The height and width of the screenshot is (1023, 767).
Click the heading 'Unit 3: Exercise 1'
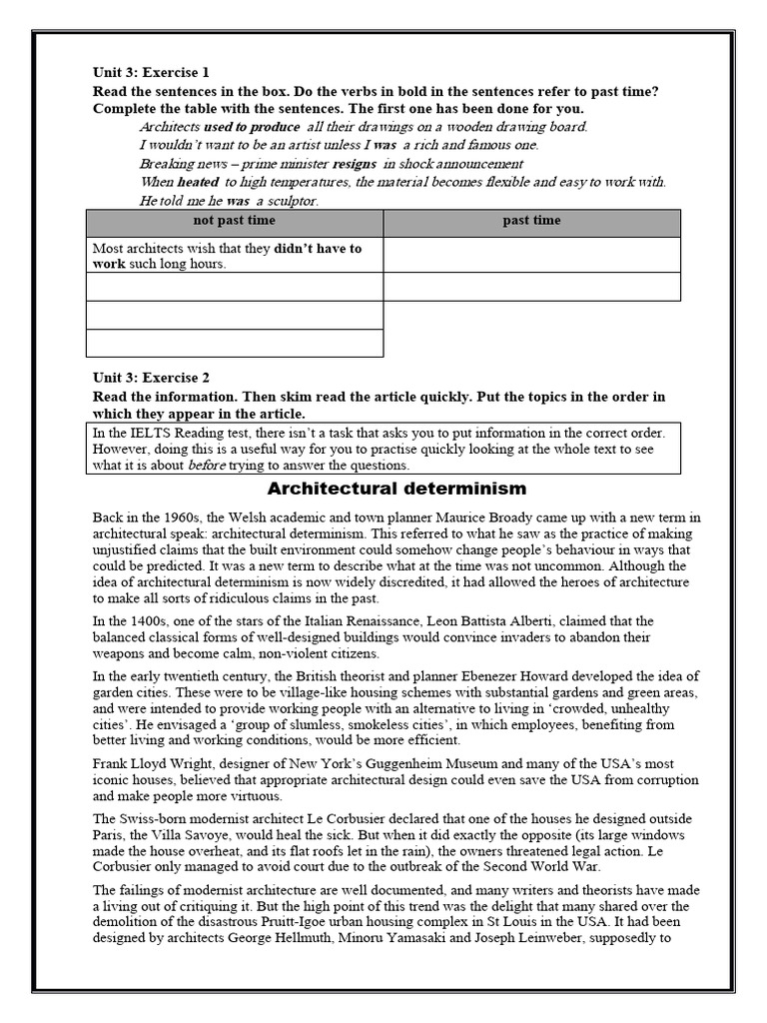point(150,73)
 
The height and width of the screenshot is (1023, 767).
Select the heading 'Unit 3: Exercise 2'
point(150,378)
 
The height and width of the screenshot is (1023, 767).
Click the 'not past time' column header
point(235,221)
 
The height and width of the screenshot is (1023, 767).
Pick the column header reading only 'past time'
point(531,221)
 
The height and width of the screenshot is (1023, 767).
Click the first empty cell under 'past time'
point(531,255)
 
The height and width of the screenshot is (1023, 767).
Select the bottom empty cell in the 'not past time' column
point(235,343)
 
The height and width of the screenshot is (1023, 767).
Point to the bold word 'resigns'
point(356,164)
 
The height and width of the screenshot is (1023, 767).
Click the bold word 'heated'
point(198,182)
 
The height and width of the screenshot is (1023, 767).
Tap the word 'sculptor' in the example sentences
point(288,201)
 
